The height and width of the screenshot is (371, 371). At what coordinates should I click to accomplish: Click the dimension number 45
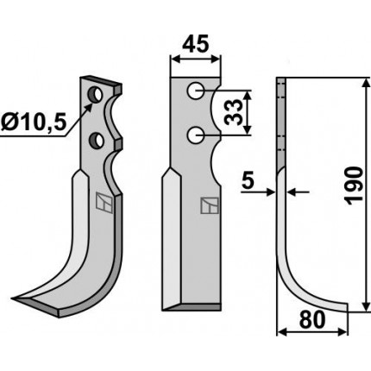click(196, 45)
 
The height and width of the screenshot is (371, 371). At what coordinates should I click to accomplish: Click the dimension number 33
click(233, 112)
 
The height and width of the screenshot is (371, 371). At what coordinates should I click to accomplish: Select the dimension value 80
click(312, 319)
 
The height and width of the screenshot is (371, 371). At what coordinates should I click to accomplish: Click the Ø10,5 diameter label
click(34, 123)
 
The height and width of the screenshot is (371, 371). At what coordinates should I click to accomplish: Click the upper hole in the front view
click(195, 91)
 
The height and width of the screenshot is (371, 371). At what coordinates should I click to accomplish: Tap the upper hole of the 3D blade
click(96, 95)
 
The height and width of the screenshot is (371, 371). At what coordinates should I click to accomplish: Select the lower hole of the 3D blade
click(96, 139)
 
